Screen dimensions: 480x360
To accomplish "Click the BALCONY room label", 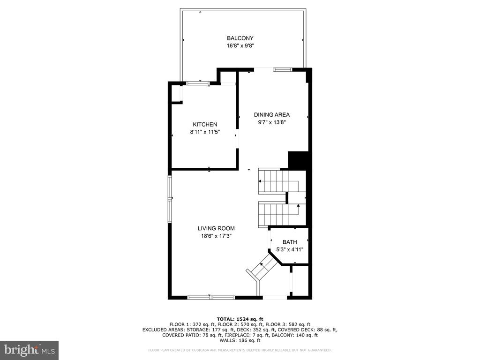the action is [240, 38].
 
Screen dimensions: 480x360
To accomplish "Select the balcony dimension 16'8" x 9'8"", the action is [240, 46].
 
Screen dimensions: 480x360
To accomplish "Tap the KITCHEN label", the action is [205, 124].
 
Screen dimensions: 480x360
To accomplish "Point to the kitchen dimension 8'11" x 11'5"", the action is [205, 132].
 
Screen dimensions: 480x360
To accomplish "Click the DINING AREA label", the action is [271, 115].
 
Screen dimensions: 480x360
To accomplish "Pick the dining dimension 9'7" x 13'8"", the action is [271, 122].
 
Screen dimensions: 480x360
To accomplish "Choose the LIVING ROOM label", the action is [216, 228].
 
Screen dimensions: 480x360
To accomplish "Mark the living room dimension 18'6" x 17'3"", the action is [216, 236].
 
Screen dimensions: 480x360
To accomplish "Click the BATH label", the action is [290, 242].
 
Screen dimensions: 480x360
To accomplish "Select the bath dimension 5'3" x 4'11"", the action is [290, 249].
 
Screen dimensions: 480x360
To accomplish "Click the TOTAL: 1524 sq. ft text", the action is [240, 319].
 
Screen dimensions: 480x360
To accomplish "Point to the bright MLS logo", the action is [30, 350].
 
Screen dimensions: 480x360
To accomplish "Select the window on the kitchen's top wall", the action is [198, 82].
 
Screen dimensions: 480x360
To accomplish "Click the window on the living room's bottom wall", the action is [211, 297].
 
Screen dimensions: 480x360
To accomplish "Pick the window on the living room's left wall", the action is [170, 199].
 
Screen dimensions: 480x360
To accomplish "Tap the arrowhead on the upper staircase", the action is [260, 181].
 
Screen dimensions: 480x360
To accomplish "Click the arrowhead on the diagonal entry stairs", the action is [262, 263].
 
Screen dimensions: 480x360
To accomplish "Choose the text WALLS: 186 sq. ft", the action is [240, 340].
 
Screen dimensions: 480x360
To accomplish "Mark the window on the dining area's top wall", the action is [283, 69].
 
